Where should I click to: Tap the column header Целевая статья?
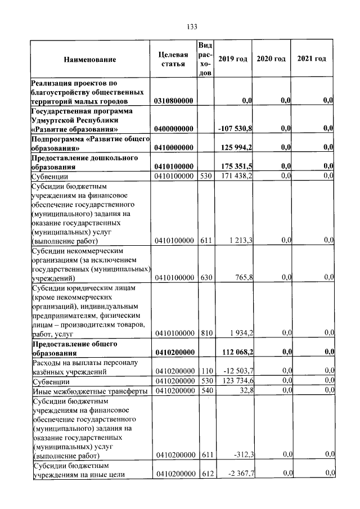tap(173, 60)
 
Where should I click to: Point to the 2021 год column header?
tap(312, 60)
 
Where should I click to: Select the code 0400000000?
tap(173, 129)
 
